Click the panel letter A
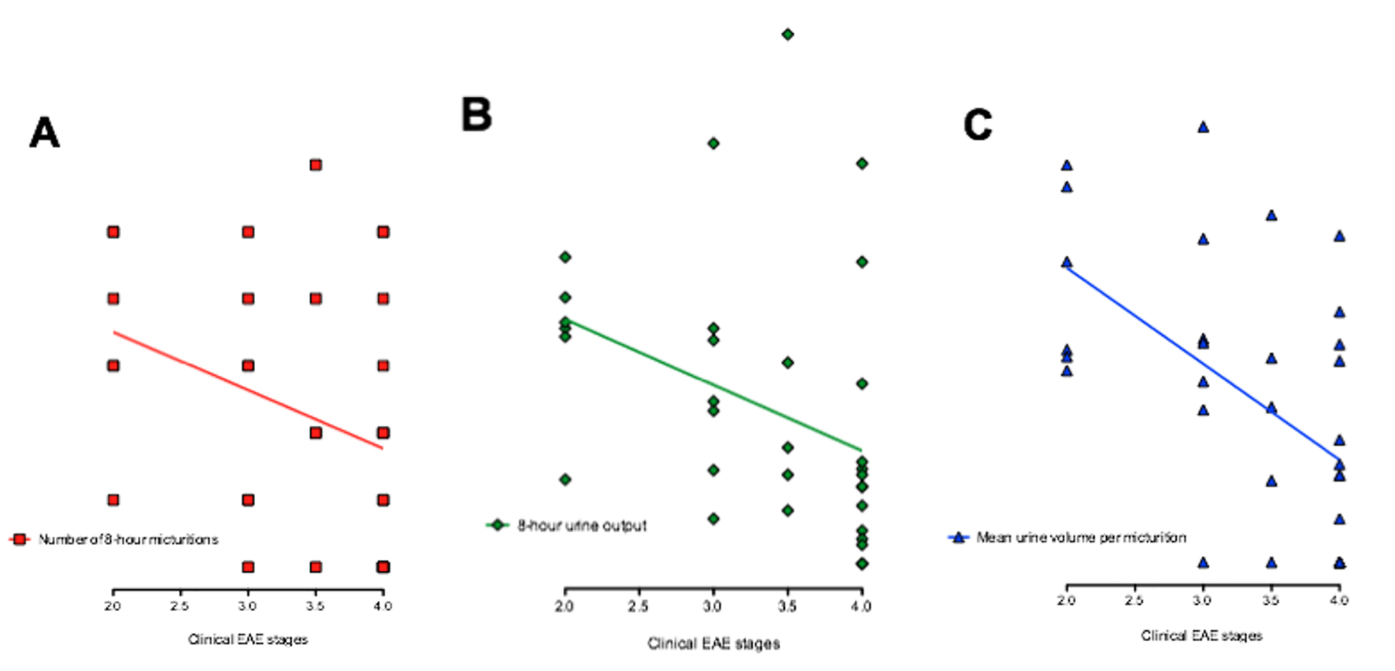point(45,132)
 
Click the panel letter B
point(476,114)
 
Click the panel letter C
point(978,124)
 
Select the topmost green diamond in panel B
point(787,35)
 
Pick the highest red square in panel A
point(316,165)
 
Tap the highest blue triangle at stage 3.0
point(1203,127)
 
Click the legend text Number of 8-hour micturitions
point(128,539)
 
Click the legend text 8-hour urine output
point(582,525)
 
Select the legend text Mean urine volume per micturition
point(1081,537)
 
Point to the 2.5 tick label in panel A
point(179,606)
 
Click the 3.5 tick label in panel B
point(787,606)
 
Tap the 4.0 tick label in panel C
point(1339,600)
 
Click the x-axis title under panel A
point(248,639)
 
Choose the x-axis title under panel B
point(713,643)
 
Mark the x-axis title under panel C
point(1201,635)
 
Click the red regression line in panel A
point(248,390)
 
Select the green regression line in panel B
point(713,384)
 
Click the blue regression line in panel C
point(1203,363)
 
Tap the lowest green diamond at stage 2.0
point(565,479)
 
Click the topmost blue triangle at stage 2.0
point(1067,165)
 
